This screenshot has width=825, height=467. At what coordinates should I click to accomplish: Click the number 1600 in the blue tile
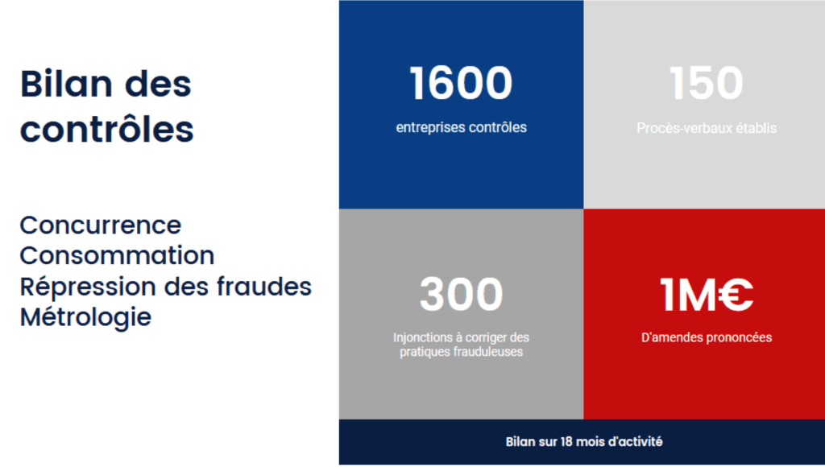tap(461, 84)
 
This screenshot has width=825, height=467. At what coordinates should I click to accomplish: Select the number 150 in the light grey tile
tap(706, 84)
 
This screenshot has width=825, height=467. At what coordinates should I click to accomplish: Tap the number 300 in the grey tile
tap(461, 294)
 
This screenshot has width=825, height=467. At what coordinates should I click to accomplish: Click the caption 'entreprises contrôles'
tap(461, 127)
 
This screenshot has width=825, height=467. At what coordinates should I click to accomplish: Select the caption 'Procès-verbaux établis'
tap(706, 127)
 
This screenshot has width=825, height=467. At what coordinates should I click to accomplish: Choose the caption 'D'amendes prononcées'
tap(706, 337)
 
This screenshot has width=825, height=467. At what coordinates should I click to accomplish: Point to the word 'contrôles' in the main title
tap(106, 129)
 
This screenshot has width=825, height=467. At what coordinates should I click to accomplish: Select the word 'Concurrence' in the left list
tap(100, 225)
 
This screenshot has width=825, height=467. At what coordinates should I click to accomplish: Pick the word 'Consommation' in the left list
tap(117, 255)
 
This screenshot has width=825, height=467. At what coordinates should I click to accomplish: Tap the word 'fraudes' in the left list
tap(267, 286)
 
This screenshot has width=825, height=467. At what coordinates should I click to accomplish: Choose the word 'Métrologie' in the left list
tap(85, 316)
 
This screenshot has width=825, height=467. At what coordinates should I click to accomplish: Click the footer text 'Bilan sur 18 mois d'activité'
tap(584, 441)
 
